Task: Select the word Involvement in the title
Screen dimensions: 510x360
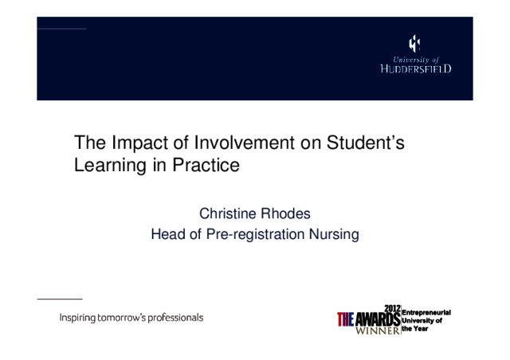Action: pyautogui.click(x=245, y=143)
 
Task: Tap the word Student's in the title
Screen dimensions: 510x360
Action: pyautogui.click(x=366, y=143)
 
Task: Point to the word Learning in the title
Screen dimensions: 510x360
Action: pyautogui.click(x=110, y=166)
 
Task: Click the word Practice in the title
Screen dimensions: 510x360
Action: pyautogui.click(x=206, y=165)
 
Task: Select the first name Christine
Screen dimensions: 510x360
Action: pyautogui.click(x=228, y=213)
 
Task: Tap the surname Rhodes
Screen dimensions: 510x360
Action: pyautogui.click(x=285, y=213)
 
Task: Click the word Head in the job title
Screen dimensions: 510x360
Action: pyautogui.click(x=168, y=234)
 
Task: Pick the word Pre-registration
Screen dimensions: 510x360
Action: pyautogui.click(x=255, y=235)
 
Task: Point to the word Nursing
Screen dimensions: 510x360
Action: pyautogui.click(x=334, y=235)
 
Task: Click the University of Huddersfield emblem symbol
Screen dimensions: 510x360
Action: pyautogui.click(x=414, y=44)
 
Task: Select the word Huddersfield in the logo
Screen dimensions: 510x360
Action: pyautogui.click(x=416, y=68)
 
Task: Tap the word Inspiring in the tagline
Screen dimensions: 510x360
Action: pyautogui.click(x=77, y=318)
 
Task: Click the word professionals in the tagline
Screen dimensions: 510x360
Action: pyautogui.click(x=176, y=318)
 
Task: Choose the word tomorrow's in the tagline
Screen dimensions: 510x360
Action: pyautogui.click(x=122, y=318)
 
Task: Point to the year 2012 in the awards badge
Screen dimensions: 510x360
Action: pyautogui.click(x=392, y=308)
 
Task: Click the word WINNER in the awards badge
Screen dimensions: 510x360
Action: pyautogui.click(x=377, y=331)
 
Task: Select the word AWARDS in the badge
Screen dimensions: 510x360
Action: pyautogui.click(x=378, y=319)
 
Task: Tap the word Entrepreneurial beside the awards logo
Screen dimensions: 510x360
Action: pyautogui.click(x=426, y=312)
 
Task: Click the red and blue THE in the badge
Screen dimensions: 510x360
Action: pyautogui.click(x=345, y=319)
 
